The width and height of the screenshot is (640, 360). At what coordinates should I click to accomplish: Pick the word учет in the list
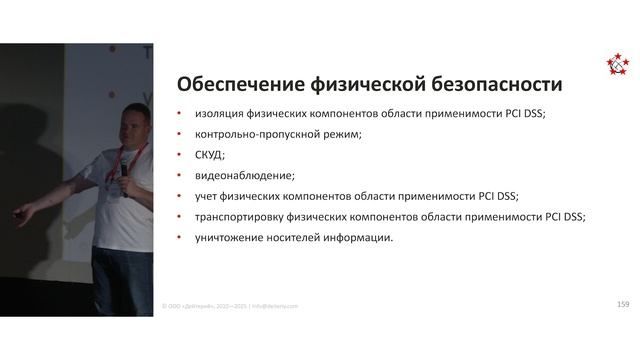208,196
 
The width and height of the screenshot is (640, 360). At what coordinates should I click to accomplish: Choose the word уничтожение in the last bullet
232,237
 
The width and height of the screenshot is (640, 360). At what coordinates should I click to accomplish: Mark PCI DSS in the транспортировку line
561,216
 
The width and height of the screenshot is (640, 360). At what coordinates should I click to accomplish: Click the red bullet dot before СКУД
179,155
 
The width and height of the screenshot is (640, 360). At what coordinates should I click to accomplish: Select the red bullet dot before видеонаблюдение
179,176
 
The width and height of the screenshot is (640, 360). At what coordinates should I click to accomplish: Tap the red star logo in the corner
618,64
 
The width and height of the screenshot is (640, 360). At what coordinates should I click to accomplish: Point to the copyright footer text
230,306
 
